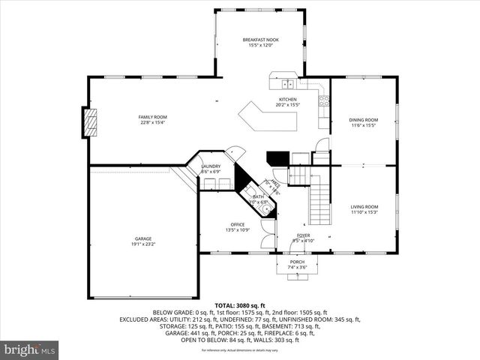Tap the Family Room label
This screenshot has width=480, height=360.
[x=152, y=117]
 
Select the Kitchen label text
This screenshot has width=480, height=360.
[x=287, y=100]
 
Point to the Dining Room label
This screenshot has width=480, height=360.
[x=363, y=120]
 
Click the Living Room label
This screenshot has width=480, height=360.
[x=364, y=206]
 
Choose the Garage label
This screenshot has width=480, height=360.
[x=143, y=238]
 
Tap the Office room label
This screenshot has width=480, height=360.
[x=238, y=224]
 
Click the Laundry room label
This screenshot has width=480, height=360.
[x=211, y=166]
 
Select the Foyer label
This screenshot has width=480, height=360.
[x=303, y=235]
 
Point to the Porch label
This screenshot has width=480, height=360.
[x=298, y=262]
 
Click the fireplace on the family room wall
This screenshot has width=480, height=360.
[x=90, y=121]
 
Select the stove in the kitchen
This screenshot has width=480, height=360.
[x=323, y=100]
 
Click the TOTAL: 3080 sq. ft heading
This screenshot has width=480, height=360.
[x=240, y=305]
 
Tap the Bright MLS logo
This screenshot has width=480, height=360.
[x=30, y=349]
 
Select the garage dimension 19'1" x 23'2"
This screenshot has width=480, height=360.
[x=143, y=243]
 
